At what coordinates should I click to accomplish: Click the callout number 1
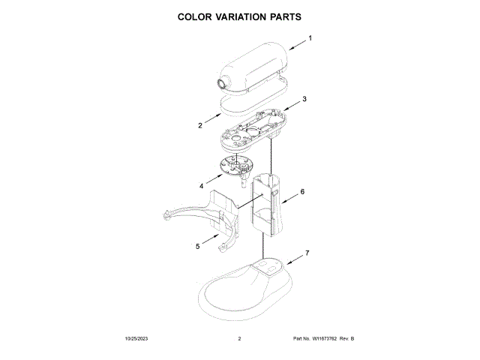pos(310,37)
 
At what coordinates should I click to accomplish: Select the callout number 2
pos(200,125)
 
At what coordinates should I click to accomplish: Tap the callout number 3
pos(304,99)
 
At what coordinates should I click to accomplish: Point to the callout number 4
pos(201,185)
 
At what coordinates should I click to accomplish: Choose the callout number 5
pos(197,245)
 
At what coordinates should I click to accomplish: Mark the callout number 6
pos(302,192)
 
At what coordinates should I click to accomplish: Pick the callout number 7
pos(306,253)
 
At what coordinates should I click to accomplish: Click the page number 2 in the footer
pos(239,339)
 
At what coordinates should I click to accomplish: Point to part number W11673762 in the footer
pos(322,339)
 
